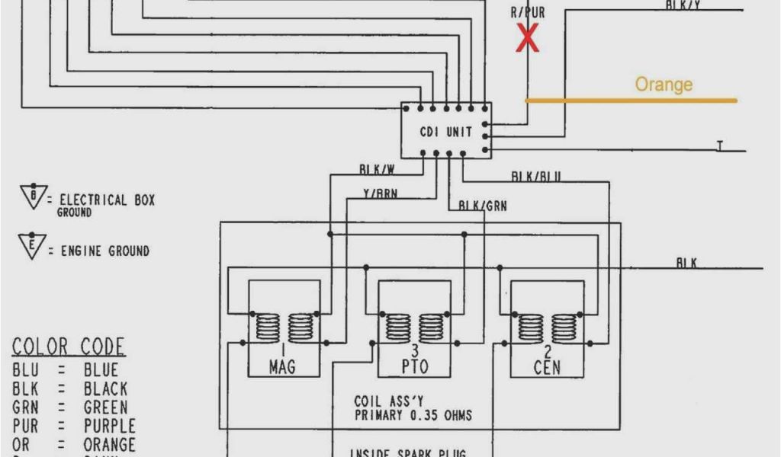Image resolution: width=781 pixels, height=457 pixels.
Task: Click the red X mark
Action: [x=527, y=38]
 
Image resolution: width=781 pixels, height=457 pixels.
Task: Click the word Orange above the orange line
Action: [x=664, y=85]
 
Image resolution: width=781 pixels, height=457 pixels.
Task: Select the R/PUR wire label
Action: [x=527, y=13]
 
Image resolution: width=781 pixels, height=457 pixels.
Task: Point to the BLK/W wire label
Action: [x=377, y=169]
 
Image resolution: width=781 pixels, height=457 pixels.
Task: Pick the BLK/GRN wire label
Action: [x=482, y=206]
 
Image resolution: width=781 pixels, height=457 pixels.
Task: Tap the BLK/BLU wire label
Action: [x=536, y=177]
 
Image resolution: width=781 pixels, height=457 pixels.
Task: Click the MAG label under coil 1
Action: [x=282, y=367]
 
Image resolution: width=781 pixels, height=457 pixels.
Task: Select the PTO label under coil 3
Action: [x=413, y=367]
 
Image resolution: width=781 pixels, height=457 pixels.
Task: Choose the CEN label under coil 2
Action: [x=547, y=367]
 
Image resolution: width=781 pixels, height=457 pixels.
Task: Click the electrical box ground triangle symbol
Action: [x=34, y=197]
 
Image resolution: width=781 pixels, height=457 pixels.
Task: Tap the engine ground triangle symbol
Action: [x=32, y=246]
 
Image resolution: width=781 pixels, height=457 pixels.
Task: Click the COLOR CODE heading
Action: [x=68, y=347]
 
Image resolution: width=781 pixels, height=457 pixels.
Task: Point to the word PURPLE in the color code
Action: [x=109, y=426]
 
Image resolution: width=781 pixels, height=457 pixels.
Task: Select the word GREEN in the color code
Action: [x=105, y=407]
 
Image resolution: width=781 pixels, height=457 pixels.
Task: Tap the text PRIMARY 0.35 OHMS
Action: [x=413, y=416]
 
